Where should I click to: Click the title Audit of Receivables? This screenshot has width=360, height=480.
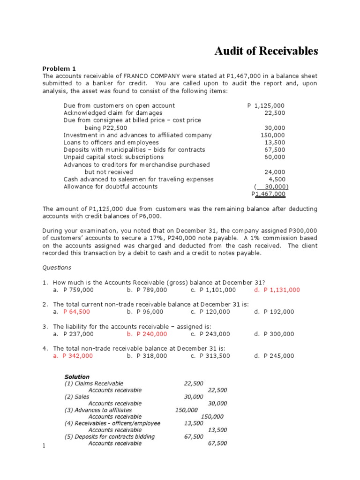coord(266,51)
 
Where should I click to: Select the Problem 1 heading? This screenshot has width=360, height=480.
coord(59,68)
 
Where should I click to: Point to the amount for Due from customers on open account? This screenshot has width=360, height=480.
coord(265,105)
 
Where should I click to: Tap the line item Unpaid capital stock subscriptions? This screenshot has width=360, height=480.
coord(113,157)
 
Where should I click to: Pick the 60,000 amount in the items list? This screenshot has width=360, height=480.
coord(274,157)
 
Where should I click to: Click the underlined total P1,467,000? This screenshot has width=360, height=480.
coord(268,194)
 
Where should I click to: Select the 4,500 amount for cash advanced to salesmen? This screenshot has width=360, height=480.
coord(276,179)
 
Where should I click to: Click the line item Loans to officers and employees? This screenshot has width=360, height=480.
coord(111,142)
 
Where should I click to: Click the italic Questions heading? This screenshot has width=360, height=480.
coord(57,268)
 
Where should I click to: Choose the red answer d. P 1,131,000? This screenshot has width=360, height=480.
coord(277,290)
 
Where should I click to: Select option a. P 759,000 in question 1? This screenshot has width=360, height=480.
coord(74,290)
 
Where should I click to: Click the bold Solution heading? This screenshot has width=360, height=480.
coord(77,377)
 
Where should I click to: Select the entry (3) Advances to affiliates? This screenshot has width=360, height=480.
coord(98,410)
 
